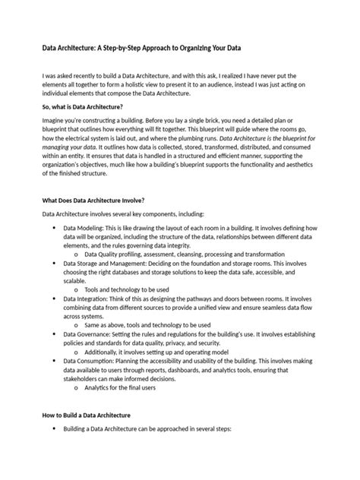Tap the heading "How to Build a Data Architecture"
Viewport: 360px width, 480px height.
coord(86,415)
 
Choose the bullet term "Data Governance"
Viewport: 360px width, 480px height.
coord(87,334)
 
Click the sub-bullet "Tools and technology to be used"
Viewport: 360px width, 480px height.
coord(126,289)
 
